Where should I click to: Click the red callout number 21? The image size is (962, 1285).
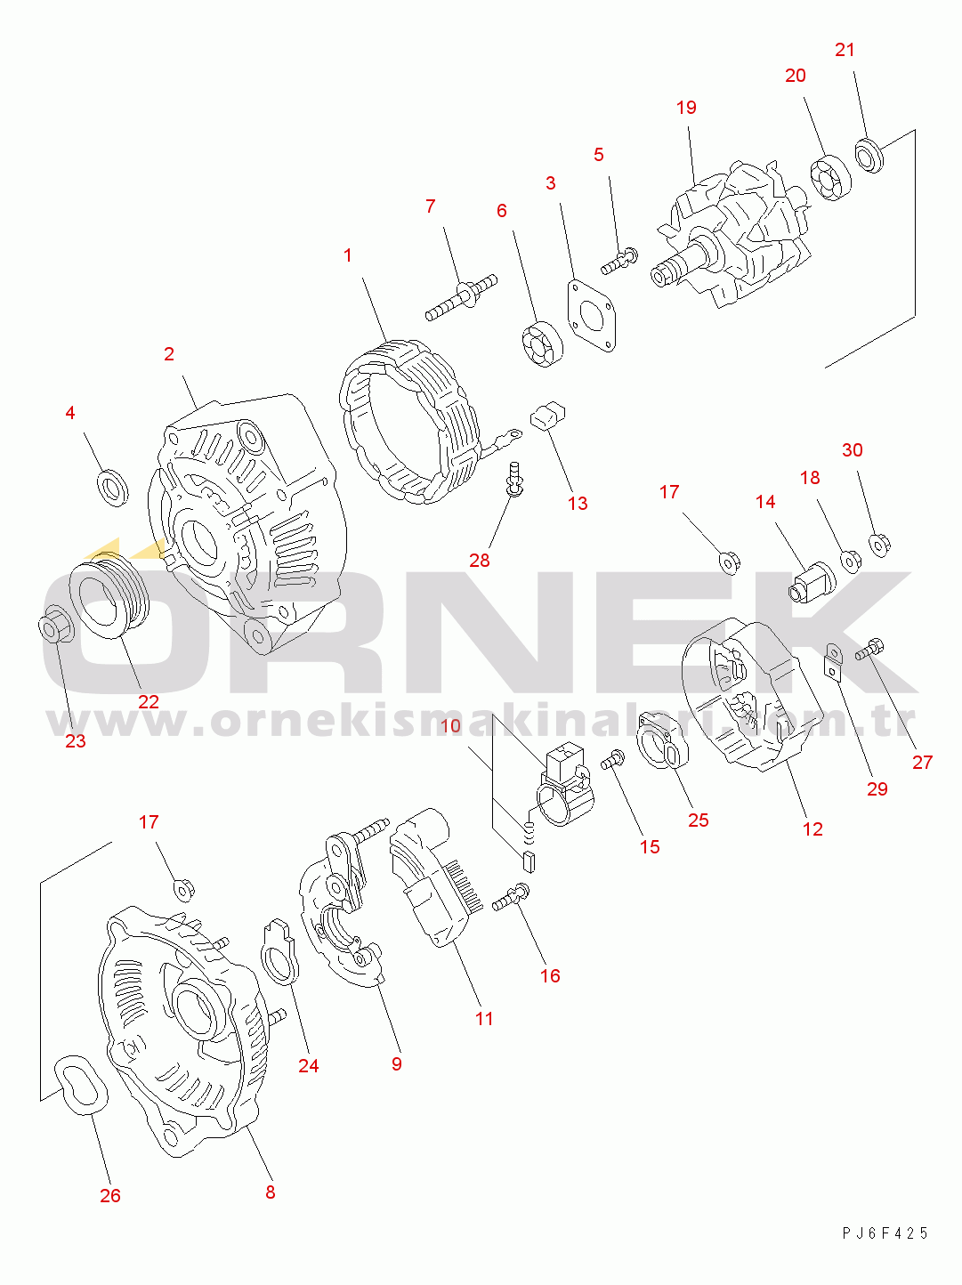(x=845, y=50)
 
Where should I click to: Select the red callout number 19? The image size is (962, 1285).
(x=686, y=107)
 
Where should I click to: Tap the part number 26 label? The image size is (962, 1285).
(x=110, y=1195)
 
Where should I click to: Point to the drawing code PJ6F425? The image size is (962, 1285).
(x=885, y=1232)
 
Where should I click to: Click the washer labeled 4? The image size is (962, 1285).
(x=113, y=488)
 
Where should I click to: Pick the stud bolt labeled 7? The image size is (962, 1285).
(x=461, y=298)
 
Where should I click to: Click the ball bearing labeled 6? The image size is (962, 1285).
(x=542, y=344)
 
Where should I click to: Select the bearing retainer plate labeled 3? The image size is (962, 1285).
(x=591, y=316)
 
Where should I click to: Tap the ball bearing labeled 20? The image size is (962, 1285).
(x=831, y=177)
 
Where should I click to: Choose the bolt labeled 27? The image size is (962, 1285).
(x=869, y=650)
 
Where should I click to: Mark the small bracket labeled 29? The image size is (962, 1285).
(x=833, y=662)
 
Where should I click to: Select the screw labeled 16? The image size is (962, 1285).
(x=511, y=897)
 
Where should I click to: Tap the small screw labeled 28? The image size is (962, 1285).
(x=513, y=479)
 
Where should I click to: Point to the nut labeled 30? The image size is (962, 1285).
(x=879, y=546)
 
